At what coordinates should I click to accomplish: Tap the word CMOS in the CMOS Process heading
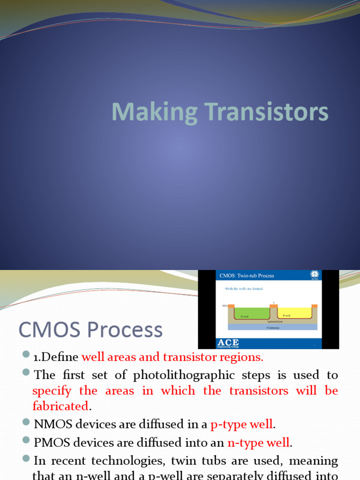pos(45,330)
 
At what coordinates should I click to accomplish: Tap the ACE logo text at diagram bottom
pos(228,343)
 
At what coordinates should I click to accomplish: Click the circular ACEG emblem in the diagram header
pos(315,275)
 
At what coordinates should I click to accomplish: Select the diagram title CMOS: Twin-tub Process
pos(247,275)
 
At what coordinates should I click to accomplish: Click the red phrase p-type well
pos(241,425)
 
